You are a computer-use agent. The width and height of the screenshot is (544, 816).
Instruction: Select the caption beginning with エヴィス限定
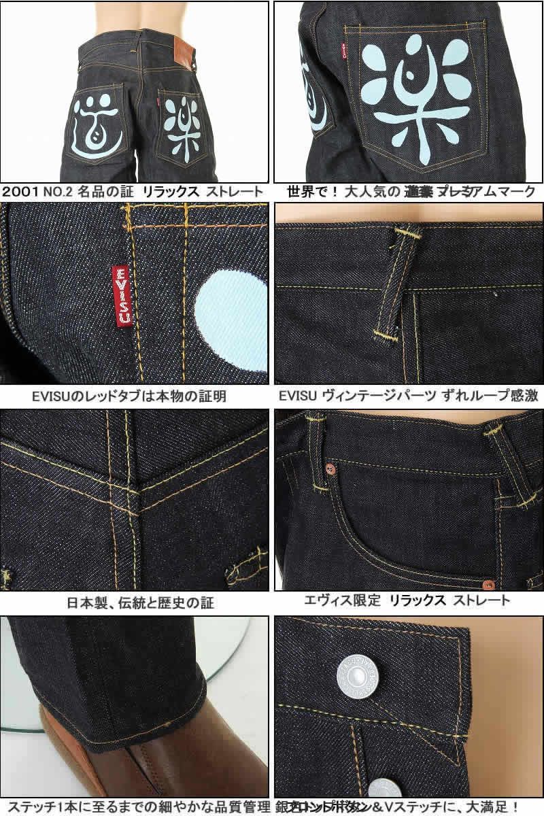coord(406,600)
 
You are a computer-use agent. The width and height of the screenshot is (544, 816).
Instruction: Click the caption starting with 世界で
coord(407,192)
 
